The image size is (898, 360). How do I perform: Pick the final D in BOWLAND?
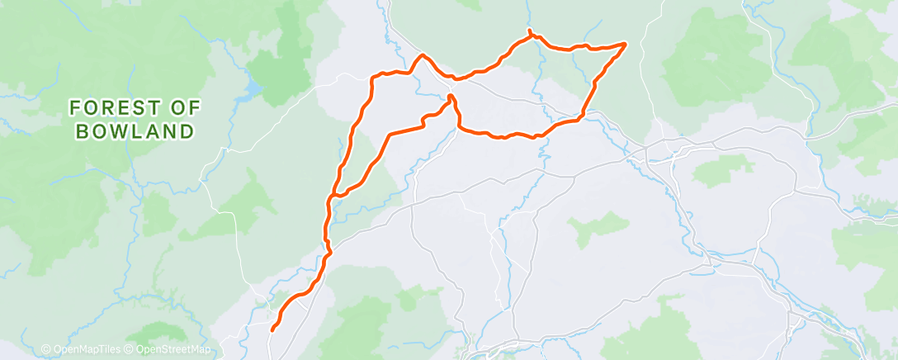[x=188, y=131]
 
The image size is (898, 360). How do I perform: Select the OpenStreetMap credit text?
[x=169, y=349]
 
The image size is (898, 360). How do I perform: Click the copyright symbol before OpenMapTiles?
[x=46, y=349]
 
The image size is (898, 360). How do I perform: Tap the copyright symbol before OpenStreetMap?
[x=129, y=349]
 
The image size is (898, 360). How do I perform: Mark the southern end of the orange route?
[x=272, y=330]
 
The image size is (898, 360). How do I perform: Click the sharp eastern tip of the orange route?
[x=625, y=43]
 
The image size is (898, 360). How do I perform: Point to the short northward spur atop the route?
[x=529, y=32]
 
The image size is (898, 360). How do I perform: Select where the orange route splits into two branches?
[x=332, y=197]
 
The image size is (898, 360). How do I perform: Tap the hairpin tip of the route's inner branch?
[x=451, y=97]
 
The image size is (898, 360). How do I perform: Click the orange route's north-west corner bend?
[x=373, y=78]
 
